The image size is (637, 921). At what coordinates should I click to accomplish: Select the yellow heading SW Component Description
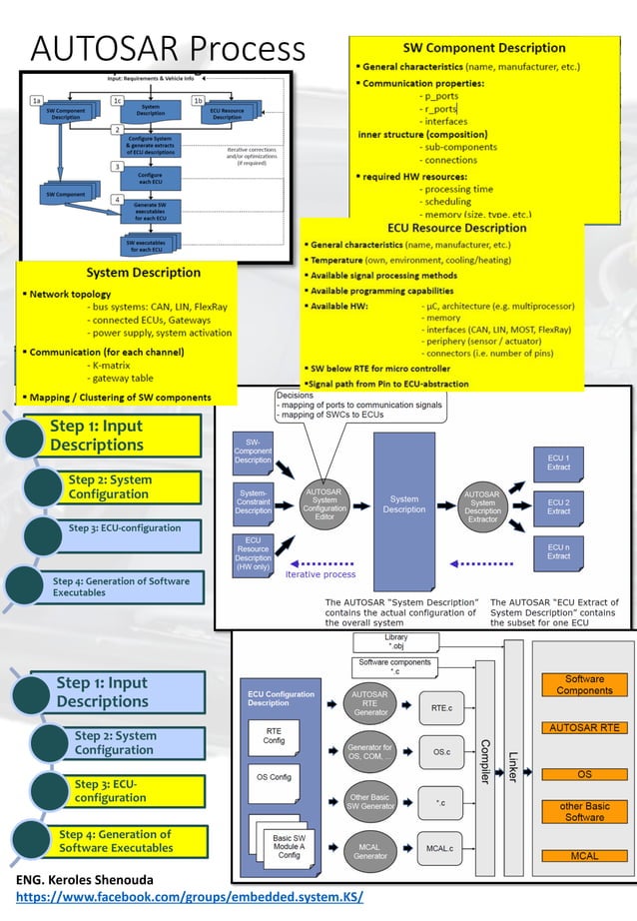pyautogui.click(x=483, y=47)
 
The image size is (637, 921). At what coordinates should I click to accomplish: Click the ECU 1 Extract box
pyautogui.click(x=558, y=462)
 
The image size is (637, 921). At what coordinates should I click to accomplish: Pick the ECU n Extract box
pyautogui.click(x=558, y=552)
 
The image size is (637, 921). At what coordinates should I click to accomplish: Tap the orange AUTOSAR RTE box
pyautogui.click(x=584, y=728)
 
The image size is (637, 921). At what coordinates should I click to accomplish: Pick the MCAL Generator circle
pyautogui.click(x=367, y=849)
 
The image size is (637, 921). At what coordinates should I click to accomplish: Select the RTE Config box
pyautogui.click(x=274, y=735)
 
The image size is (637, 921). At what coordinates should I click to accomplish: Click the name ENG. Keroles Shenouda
pyautogui.click(x=85, y=880)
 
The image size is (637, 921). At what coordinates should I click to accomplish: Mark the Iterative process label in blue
pyautogui.click(x=320, y=574)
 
